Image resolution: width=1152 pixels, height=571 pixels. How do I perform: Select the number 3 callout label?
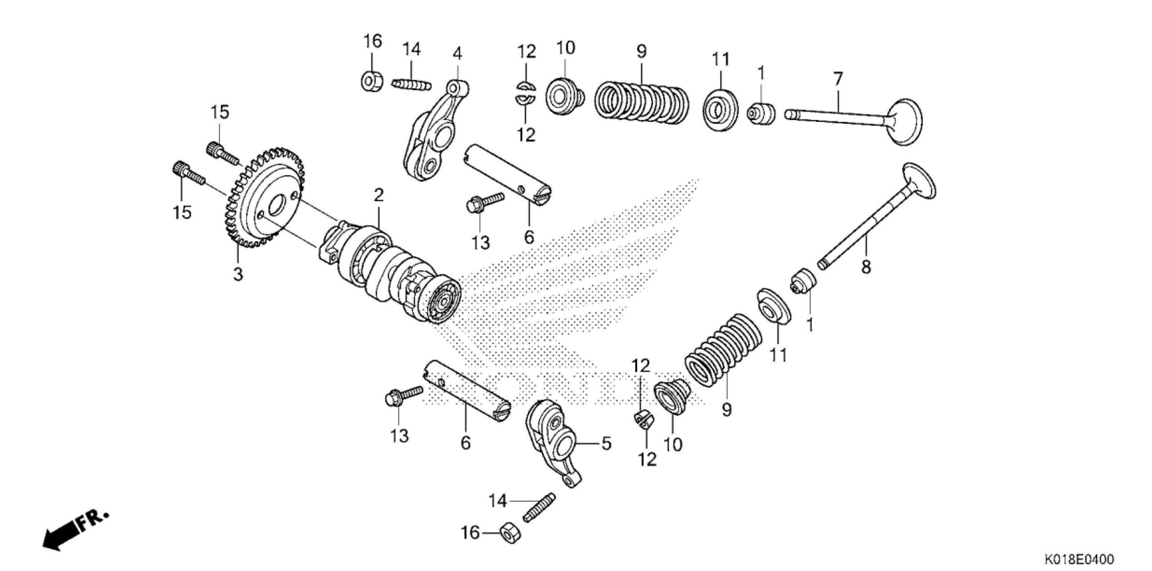238,274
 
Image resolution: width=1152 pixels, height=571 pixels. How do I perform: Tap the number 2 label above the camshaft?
378,195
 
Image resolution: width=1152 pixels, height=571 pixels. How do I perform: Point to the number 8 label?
866,267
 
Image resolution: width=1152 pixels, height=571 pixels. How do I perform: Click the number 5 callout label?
606,444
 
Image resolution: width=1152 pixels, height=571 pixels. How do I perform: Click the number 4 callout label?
457,54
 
